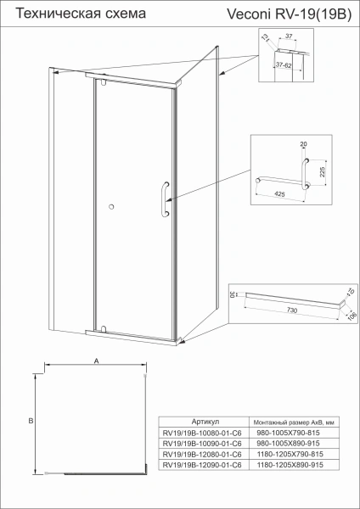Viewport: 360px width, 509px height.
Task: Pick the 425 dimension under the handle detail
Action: (278, 193)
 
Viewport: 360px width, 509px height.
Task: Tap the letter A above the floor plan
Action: (96, 361)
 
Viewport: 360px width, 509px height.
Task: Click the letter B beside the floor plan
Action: (29, 419)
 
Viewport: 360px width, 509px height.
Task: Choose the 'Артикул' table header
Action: (206, 422)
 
